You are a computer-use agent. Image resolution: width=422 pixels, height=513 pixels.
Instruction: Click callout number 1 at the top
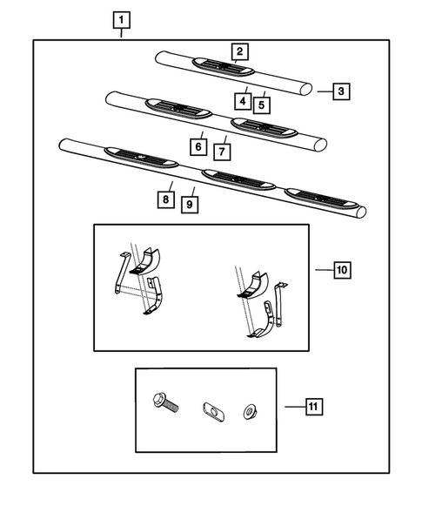pos(123,19)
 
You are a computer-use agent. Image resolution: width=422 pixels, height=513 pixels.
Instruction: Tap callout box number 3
pos(342,91)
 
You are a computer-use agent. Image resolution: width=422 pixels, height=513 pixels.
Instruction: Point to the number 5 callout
pos(260,105)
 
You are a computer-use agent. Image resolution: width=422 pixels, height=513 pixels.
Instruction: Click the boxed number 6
pos(198,147)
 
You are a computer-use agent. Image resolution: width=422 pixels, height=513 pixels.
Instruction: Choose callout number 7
pos(222,152)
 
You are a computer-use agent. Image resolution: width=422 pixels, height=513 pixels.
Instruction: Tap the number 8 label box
pos(164,199)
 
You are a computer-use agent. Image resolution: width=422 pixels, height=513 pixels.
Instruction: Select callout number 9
pos(187,204)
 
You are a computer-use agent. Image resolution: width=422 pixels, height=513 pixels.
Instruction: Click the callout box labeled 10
pos(342,270)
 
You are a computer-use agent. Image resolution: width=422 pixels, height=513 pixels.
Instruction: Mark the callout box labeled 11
pos(313,405)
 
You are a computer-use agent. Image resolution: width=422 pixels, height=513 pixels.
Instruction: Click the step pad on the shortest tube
pos(224,67)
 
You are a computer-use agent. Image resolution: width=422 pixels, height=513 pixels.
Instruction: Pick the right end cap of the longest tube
pos(358,212)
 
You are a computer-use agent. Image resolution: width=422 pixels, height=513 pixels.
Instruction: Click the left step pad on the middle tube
pos(178,108)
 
